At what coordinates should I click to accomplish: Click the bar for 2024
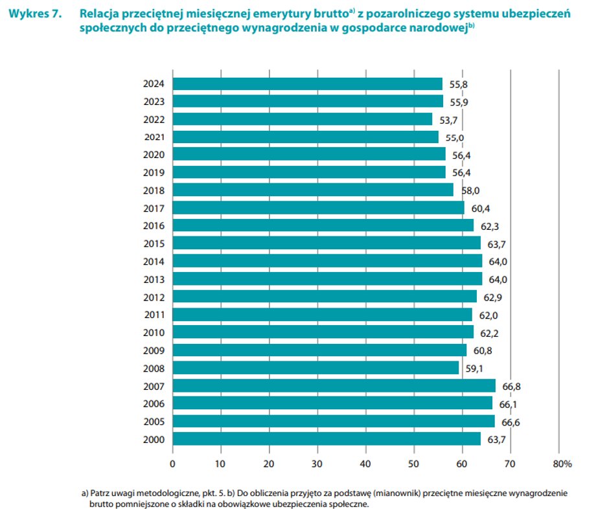coord(308,84)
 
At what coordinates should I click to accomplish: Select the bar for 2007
coord(334,386)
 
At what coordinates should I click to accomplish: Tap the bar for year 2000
coord(327,439)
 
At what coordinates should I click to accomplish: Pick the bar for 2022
coord(303,119)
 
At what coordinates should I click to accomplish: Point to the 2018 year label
coord(154,190)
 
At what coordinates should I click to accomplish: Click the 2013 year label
coord(154,279)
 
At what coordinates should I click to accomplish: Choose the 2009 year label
coord(154,350)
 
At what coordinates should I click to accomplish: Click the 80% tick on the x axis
coord(562,464)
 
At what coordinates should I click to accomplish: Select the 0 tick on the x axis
coord(173,464)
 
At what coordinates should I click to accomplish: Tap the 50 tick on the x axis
coord(414,464)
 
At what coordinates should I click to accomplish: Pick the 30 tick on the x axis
coord(317,464)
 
